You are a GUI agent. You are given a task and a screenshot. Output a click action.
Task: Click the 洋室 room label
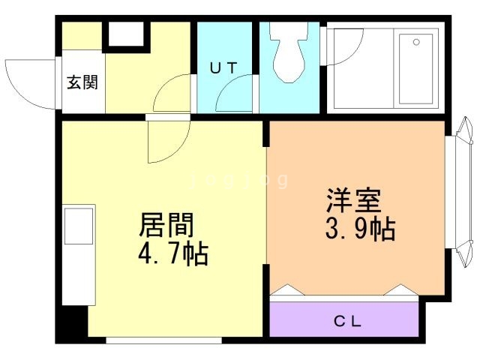(354, 201)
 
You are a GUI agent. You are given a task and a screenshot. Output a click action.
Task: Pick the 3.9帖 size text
(360, 229)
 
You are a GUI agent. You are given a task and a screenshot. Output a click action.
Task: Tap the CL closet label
(347, 322)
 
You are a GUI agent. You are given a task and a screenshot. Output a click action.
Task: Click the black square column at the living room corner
(73, 323)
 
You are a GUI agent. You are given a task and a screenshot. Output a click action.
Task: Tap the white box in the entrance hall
(124, 34)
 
